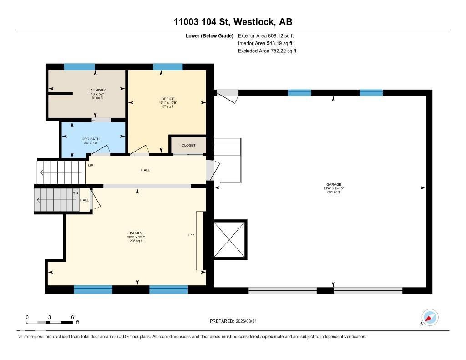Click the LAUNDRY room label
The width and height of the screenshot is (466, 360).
pos(97,90)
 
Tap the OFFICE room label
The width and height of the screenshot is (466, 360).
pos(168,99)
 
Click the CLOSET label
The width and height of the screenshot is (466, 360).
pos(188,145)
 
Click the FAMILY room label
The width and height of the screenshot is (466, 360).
pos(136,233)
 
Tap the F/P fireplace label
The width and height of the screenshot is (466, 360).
pos(192,235)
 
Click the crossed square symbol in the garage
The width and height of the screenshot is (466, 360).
pos(229,240)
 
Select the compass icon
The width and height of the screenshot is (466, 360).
pos(430,317)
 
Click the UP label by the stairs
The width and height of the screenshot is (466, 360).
pos(91,166)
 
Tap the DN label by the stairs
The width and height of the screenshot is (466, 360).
pos(76,193)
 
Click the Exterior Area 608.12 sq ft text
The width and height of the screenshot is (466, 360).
pos(263,35)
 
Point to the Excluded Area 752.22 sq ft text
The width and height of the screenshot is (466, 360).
pos(267,51)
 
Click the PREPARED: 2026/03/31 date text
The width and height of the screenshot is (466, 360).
pos(236,321)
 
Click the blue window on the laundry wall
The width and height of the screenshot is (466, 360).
pos(79,66)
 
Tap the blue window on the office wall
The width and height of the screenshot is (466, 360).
pos(167,66)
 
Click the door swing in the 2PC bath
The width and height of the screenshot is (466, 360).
pos(105,150)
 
